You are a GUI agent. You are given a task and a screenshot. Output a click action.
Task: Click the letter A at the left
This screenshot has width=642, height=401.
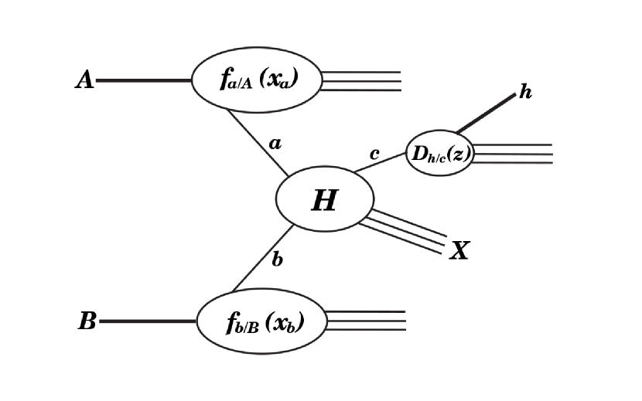pos(84,80)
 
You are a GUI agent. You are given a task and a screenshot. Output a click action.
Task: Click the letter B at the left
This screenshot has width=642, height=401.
pos(87,321)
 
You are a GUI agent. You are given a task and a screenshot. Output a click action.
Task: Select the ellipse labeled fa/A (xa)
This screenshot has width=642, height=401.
pos(255,80)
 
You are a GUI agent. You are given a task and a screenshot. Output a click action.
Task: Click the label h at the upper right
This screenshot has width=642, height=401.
pos(525,93)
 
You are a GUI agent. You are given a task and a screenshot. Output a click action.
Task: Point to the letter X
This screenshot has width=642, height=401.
pos(459,250)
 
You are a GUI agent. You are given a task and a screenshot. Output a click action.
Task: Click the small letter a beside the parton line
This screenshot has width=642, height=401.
pos(274,143)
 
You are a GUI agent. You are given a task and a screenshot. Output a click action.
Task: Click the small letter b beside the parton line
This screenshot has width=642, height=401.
pos(277,260)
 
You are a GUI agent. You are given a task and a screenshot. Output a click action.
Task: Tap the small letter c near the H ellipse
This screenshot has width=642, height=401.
pos(374,154)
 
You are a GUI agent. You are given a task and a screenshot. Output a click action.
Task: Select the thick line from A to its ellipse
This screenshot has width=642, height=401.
pos(143,80)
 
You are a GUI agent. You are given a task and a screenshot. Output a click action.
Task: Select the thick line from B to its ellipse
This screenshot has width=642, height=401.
pos(147,321)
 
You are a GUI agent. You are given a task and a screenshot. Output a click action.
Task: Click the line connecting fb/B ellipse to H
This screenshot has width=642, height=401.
pos(263,258)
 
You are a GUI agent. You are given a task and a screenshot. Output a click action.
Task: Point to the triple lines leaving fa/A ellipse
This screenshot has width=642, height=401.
pos(362,81)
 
